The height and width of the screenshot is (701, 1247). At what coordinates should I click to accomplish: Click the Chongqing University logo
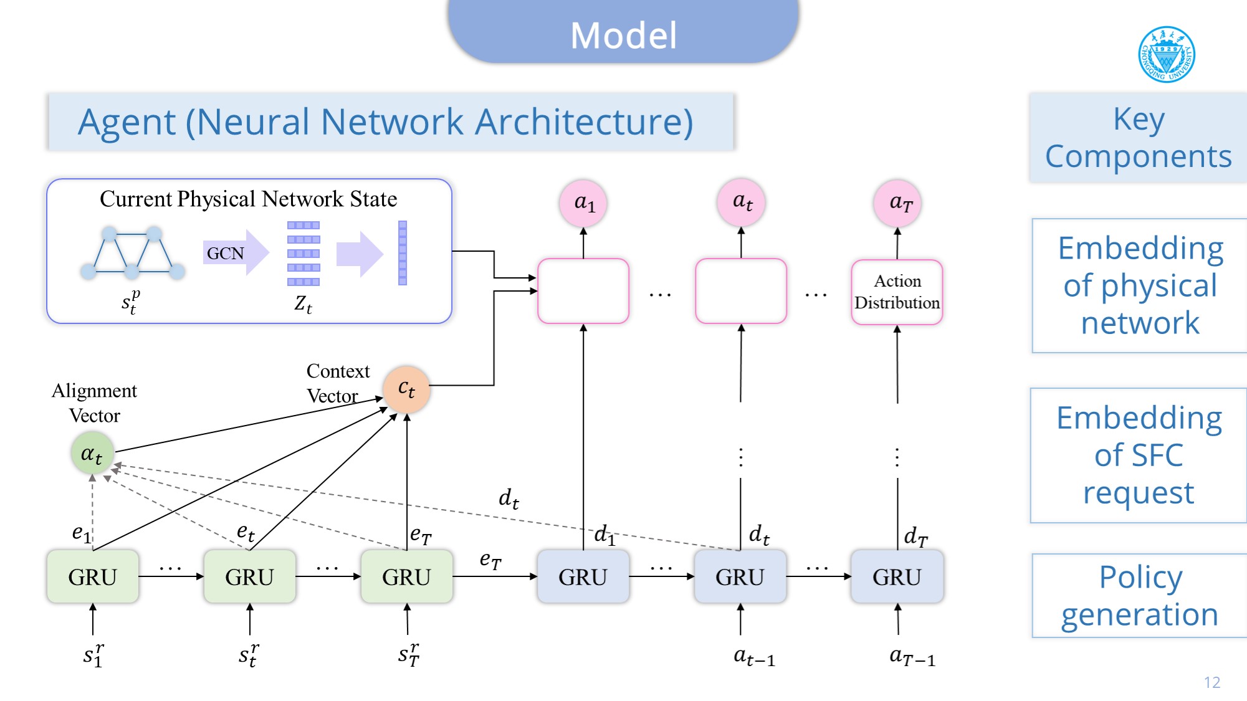pyautogui.click(x=1166, y=54)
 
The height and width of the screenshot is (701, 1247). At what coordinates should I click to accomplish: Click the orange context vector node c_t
pyautogui.click(x=406, y=389)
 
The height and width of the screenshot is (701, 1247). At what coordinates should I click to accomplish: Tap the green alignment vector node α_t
pyautogui.click(x=92, y=454)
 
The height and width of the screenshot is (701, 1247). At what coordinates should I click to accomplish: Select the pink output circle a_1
pyautogui.click(x=583, y=203)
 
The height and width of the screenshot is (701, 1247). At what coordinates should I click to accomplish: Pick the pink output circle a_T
pyautogui.click(x=897, y=203)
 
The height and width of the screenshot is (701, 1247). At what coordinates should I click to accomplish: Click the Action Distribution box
pyautogui.click(x=897, y=292)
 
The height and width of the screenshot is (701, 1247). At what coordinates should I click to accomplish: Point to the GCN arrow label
pyautogui.click(x=226, y=253)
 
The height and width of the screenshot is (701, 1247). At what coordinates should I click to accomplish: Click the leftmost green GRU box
pyautogui.click(x=93, y=576)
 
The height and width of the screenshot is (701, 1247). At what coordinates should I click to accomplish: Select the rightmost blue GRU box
pyautogui.click(x=897, y=576)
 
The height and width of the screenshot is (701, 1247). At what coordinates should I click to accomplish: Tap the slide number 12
pyautogui.click(x=1211, y=682)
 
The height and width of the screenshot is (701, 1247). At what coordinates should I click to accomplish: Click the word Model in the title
pyautogui.click(x=623, y=35)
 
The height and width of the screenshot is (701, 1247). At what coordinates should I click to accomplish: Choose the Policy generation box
pyautogui.click(x=1139, y=596)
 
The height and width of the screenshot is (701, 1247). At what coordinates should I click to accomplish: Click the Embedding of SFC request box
pyautogui.click(x=1139, y=455)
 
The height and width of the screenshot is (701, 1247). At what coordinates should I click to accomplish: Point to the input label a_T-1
pyautogui.click(x=912, y=656)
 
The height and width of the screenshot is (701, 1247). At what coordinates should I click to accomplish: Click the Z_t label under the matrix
pyautogui.click(x=303, y=303)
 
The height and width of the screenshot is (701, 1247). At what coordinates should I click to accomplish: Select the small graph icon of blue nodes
pyautogui.click(x=133, y=252)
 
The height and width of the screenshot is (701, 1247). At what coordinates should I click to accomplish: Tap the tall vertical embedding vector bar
pyautogui.click(x=403, y=253)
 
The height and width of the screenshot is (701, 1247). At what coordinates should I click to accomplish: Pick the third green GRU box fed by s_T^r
pyautogui.click(x=406, y=576)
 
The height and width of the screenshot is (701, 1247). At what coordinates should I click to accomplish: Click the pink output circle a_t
pyautogui.click(x=741, y=203)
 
